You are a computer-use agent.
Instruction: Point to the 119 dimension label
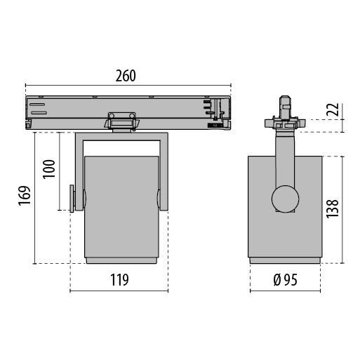[119, 281]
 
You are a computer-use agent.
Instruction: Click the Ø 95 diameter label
[286, 281]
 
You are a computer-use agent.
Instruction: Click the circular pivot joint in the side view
[286, 199]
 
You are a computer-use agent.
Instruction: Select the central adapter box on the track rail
[123, 120]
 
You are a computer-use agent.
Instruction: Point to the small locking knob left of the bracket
[72, 198]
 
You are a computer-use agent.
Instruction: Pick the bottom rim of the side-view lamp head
[286, 261]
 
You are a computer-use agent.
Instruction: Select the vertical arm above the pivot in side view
[284, 158]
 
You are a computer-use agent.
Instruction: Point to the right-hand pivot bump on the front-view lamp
[159, 199]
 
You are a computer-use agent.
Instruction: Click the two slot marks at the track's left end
[38, 108]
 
